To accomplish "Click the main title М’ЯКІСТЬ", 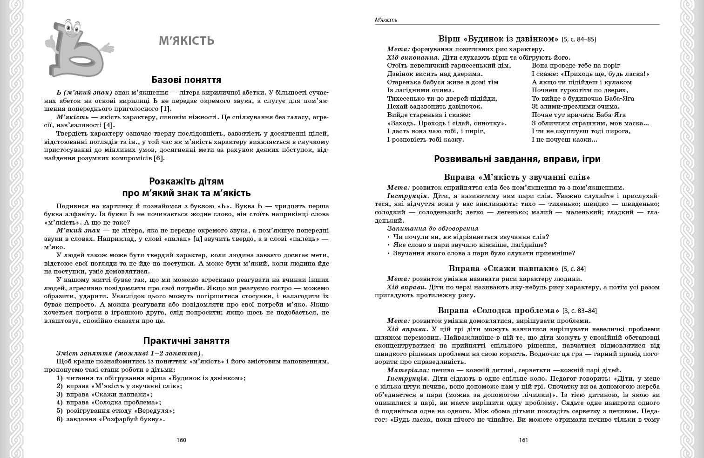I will pyautogui.click(x=186, y=41).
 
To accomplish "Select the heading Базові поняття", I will pyautogui.click(x=186, y=80).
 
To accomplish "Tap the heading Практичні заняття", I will pyautogui.click(x=186, y=341).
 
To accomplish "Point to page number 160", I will pyautogui.click(x=182, y=440).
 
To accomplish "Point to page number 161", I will pyautogui.click(x=523, y=440).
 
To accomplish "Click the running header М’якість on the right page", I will pyautogui.click(x=386, y=20).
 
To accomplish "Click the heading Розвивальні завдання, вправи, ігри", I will pyautogui.click(x=517, y=159).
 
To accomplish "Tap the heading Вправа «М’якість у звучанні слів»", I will pyautogui.click(x=517, y=177).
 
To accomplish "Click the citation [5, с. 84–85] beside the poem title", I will pyautogui.click(x=579, y=40).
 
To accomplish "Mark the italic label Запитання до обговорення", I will pyautogui.click(x=433, y=228).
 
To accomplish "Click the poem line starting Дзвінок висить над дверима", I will pyautogui.click(x=435, y=74).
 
